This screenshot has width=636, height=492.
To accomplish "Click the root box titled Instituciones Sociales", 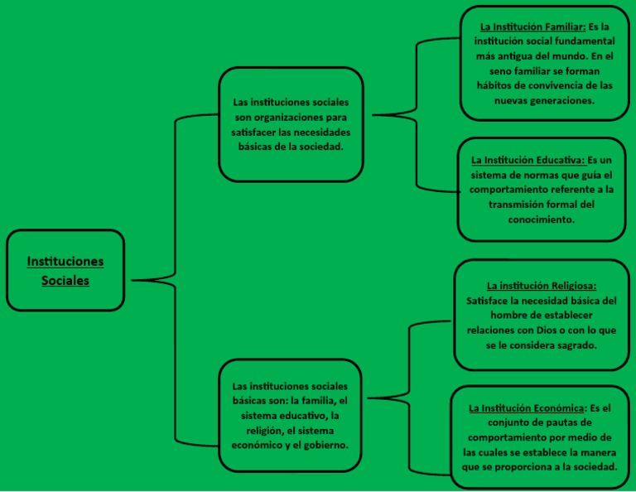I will (x=65, y=270).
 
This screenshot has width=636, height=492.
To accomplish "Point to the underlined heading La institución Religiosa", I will (x=542, y=286).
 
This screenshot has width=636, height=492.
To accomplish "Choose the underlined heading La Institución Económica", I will (x=525, y=408).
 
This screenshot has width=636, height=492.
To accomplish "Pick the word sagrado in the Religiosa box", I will (x=571, y=345).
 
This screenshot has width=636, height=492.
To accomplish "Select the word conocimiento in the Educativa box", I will (x=542, y=219).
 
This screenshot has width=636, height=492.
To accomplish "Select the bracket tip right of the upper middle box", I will (x=373, y=114).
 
